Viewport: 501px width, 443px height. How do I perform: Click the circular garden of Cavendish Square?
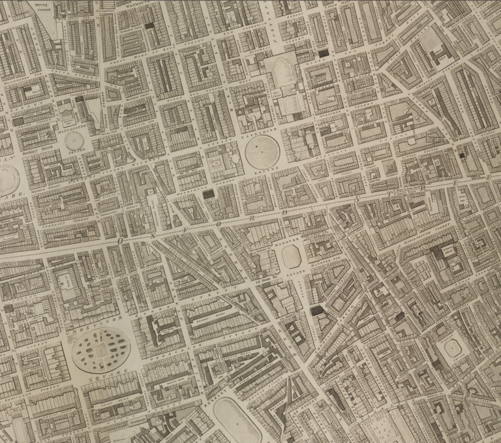(x=262, y=155)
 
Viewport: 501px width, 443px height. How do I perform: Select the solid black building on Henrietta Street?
(x=208, y=194)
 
